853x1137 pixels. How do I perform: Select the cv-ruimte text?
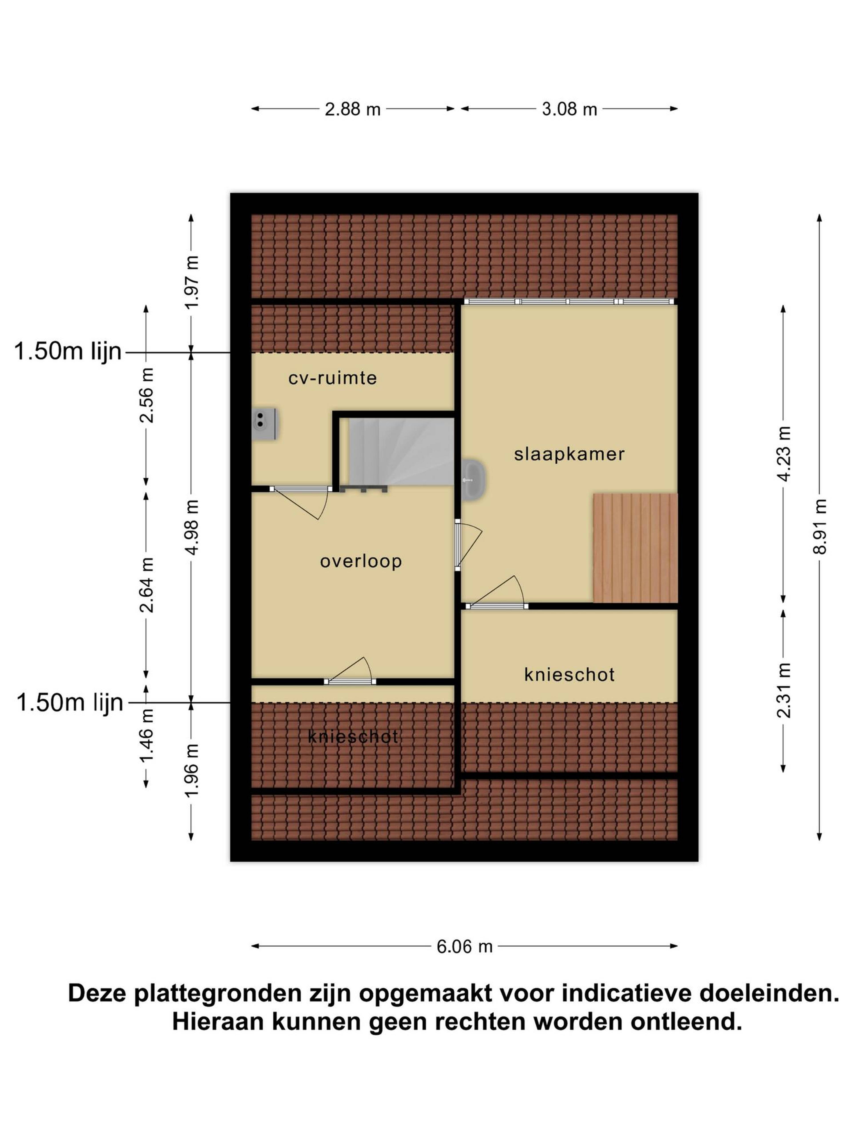click(333, 378)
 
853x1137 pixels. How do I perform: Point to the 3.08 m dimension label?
click(569, 109)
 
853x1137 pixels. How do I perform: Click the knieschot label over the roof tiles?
click(353, 737)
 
